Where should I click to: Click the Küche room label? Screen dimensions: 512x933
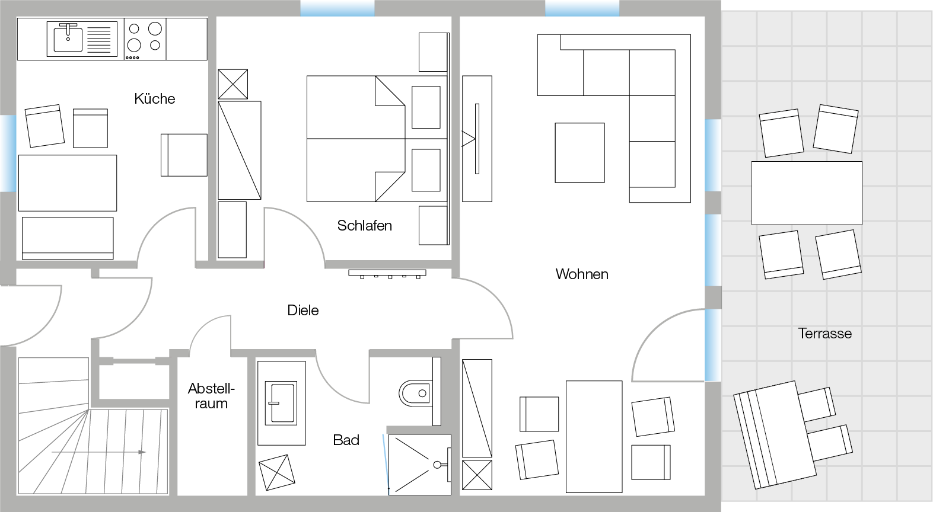click(155, 98)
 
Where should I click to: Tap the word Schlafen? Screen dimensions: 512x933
click(364, 226)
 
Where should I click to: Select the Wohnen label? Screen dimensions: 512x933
click(581, 274)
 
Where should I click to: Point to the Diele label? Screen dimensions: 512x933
click(303, 311)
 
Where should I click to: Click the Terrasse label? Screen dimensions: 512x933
click(824, 334)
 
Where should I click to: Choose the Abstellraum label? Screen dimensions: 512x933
click(211, 396)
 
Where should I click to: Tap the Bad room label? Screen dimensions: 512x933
click(346, 440)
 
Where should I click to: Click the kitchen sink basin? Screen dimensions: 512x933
click(68, 38)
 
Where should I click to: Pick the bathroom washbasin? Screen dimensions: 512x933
click(282, 404)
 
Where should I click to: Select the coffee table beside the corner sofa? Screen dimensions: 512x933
click(579, 153)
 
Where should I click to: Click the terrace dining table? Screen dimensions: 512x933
click(807, 193)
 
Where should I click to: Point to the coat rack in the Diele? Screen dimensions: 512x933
click(387, 274)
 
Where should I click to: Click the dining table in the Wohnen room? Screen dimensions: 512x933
click(594, 437)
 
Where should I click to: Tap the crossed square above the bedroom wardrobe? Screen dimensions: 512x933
click(233, 84)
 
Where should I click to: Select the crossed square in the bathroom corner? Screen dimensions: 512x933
click(277, 472)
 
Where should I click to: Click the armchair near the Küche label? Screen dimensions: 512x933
click(184, 155)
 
